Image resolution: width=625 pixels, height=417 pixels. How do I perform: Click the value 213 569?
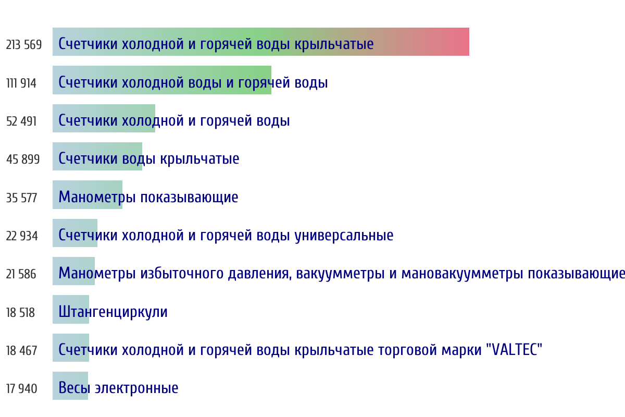pos(24,45)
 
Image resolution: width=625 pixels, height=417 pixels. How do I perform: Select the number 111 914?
pos(21,83)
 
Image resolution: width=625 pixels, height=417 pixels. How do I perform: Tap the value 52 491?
pos(21,121)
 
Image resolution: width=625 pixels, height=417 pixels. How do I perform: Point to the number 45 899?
pos(23,160)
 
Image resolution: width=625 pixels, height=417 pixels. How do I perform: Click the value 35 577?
pos(21,198)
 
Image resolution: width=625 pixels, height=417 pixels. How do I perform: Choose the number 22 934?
pos(22,236)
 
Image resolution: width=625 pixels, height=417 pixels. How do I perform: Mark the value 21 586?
pos(21,274)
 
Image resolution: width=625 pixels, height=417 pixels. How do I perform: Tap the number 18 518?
pos(21,313)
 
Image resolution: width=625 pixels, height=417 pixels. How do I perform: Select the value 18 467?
pos(22,350)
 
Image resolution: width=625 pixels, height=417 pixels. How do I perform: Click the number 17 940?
pos(22,389)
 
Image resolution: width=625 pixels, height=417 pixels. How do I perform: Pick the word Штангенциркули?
pos(113,312)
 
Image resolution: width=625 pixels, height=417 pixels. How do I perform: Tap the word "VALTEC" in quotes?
pos(514,349)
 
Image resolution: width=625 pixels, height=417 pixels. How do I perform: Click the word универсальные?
pos(344,236)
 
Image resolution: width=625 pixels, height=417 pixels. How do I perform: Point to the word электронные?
pos(136,388)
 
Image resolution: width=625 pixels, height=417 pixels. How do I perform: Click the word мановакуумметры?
pos(463,274)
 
